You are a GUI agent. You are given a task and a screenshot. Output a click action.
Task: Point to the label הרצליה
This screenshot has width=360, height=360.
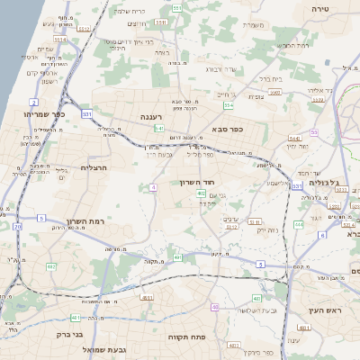(x=94, y=167)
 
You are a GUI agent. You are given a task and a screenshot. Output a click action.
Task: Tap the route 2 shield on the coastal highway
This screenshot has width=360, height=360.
(x=33, y=103)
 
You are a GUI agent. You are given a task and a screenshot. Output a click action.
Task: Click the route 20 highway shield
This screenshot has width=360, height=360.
(x=17, y=226)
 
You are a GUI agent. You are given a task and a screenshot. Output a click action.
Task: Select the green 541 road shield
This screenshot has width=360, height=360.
(x=159, y=129)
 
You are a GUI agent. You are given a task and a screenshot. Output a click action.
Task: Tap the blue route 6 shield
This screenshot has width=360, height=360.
(x=322, y=235)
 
